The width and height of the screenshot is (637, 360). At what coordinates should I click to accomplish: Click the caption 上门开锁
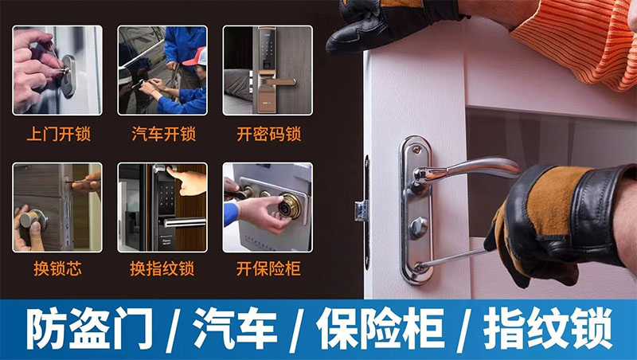[58, 133]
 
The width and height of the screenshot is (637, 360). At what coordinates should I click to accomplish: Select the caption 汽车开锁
[162, 133]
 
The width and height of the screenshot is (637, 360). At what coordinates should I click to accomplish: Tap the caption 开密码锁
[268, 133]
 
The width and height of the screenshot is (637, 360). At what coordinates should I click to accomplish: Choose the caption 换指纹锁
[162, 268]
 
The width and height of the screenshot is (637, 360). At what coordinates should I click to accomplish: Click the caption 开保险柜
[268, 268]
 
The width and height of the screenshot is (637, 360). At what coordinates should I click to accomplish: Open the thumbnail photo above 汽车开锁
[162, 70]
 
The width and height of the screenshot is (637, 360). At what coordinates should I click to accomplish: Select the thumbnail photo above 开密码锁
[267, 70]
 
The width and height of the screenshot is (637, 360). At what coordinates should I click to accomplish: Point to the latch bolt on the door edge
[359, 211]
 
